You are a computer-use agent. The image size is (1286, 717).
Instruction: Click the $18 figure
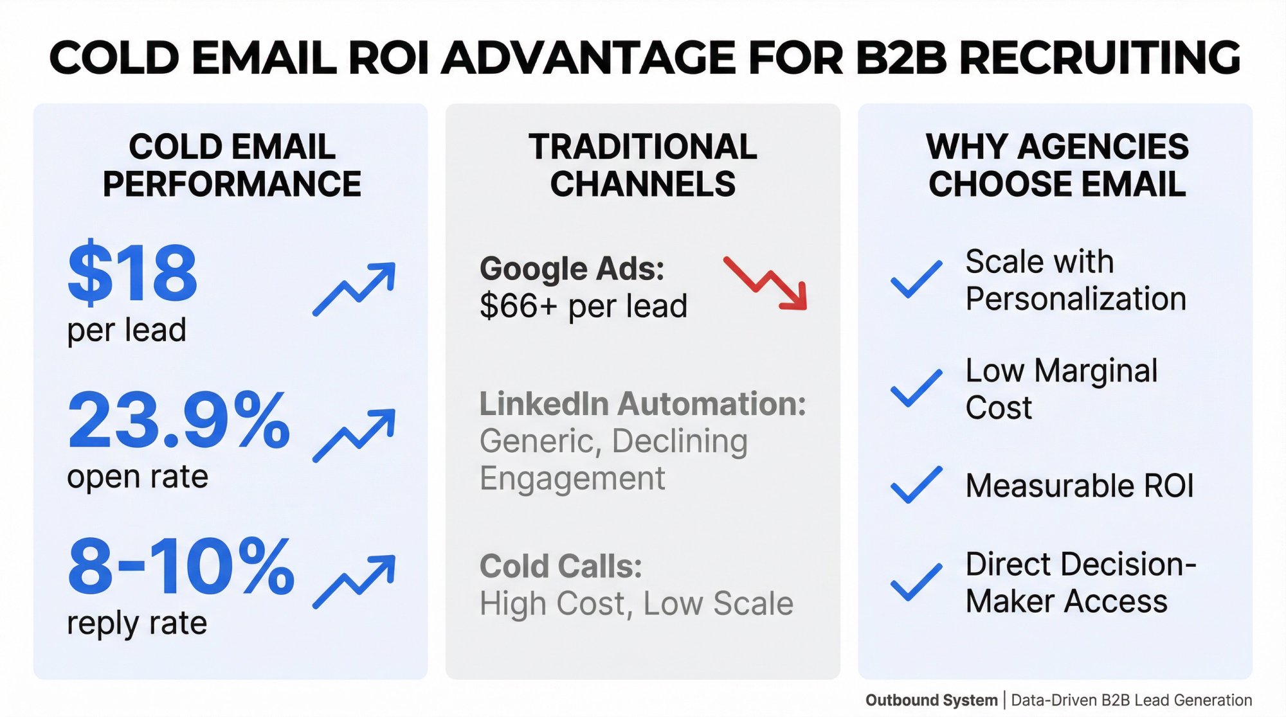132,272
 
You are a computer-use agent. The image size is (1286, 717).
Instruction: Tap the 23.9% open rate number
179,420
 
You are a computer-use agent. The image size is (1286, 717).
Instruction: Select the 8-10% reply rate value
181,567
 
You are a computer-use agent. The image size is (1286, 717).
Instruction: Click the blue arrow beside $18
354,288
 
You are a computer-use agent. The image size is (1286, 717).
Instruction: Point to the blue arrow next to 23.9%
354,435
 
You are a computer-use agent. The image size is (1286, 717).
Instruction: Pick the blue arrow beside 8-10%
354,581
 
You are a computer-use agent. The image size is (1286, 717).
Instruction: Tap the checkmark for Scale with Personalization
916,279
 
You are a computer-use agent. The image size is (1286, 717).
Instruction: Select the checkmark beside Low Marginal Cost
916,389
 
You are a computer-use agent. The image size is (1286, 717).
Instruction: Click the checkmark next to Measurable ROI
916,485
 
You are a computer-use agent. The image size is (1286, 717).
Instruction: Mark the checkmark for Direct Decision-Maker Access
916,582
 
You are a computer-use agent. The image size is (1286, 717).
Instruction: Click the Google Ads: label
572,269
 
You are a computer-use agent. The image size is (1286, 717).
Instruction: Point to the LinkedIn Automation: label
642,404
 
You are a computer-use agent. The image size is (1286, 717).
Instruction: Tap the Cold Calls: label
561,567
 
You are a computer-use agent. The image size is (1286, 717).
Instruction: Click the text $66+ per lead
583,306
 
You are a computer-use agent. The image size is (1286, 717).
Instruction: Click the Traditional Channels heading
642,165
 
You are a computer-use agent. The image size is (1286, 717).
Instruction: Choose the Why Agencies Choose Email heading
1057,165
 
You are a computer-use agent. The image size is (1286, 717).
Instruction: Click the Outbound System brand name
931,700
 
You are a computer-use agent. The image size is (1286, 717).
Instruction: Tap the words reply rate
137,623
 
